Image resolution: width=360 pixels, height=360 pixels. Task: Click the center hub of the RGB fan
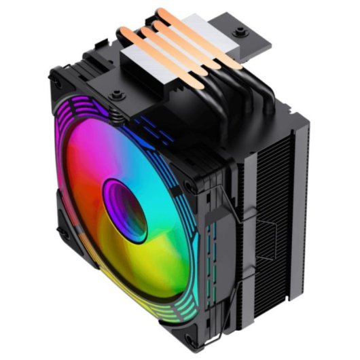pos(124,211)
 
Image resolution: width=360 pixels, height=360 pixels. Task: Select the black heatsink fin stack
pos(272,204)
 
